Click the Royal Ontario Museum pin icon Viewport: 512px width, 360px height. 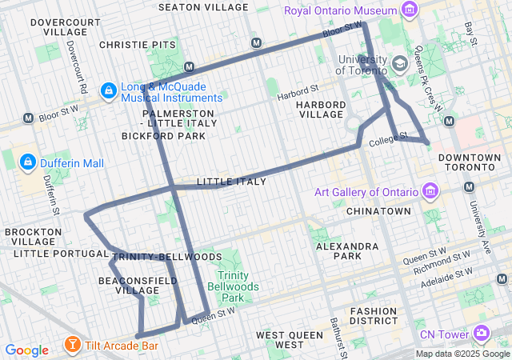coord(410,10)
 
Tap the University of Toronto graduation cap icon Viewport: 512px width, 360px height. coord(399,62)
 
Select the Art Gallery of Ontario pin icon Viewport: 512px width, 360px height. coord(430,191)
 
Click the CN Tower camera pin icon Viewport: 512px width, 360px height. coord(482,333)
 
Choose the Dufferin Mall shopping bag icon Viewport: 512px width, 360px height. coord(28,163)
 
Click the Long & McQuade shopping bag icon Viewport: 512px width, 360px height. coord(107,92)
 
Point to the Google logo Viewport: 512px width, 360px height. coord(26,350)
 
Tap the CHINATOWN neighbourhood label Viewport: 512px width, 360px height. coord(378,211)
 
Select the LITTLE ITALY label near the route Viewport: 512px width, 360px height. coord(231,182)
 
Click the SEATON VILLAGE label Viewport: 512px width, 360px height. coord(203,6)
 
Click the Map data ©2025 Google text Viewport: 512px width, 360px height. coord(462,354)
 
